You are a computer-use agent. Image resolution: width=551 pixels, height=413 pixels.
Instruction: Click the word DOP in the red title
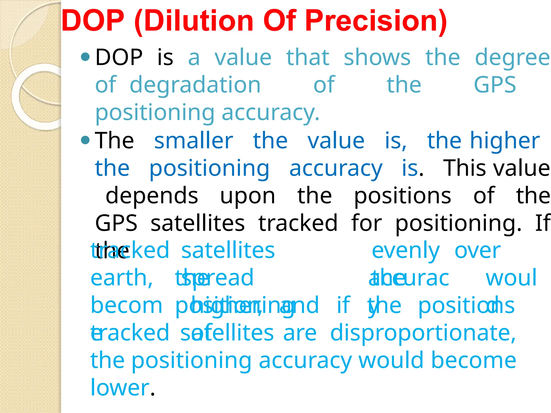93,21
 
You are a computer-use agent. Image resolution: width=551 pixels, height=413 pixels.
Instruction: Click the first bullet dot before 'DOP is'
85,56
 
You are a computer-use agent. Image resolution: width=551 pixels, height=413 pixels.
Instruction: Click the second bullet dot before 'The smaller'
85,140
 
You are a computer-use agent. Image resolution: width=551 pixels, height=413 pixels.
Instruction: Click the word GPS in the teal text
495,85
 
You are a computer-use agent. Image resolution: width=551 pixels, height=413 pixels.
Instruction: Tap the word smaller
193,141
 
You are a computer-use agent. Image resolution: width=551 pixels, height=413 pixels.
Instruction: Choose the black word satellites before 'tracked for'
197,223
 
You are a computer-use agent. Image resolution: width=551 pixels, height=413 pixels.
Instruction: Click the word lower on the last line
120,388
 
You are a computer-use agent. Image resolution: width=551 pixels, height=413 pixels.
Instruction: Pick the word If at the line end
542,223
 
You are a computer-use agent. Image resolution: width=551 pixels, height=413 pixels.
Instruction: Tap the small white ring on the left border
40,97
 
